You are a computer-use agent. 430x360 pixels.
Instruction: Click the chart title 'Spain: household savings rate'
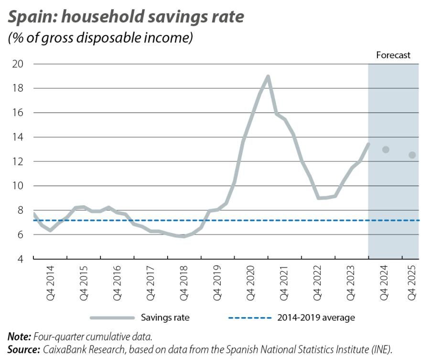pyautogui.click(x=126, y=17)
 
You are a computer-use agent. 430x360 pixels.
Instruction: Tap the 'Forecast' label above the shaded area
pyautogui.click(x=393, y=55)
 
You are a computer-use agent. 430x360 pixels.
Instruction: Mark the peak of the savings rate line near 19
pyautogui.click(x=268, y=76)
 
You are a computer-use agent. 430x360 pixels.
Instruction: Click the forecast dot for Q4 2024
pyautogui.click(x=386, y=149)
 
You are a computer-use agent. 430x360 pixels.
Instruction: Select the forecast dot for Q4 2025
pyautogui.click(x=412, y=155)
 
